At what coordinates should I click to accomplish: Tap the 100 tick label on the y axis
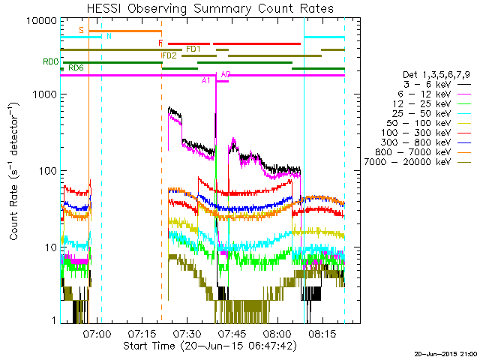click(x=50, y=171)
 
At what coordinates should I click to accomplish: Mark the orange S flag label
click(x=81, y=30)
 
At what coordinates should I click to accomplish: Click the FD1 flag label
click(x=193, y=49)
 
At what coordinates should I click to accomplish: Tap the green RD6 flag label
click(x=76, y=68)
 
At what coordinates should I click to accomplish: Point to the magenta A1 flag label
click(x=205, y=81)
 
